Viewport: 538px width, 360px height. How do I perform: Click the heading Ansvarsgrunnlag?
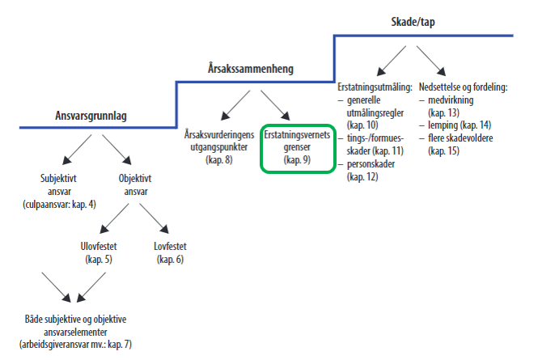91,116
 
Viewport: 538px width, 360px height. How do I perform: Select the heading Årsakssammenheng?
251,69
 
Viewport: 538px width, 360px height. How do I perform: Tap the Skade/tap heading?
413,22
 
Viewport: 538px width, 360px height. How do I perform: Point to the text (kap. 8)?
219,160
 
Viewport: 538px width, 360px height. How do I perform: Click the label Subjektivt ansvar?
59,185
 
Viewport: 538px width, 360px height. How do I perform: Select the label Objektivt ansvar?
135,185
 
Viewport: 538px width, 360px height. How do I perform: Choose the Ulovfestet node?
99,252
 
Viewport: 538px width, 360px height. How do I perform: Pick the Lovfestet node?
170,252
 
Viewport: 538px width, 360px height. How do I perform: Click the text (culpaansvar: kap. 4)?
59,205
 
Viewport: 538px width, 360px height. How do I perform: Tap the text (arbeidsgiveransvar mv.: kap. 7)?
75,344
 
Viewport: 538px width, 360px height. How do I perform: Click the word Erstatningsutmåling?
375,87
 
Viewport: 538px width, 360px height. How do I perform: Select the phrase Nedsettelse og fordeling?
463,87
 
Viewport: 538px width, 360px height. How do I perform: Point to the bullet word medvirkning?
451,100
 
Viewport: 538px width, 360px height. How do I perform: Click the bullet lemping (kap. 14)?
460,125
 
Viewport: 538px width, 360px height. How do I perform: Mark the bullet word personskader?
371,164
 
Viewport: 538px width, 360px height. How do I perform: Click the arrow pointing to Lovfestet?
154,218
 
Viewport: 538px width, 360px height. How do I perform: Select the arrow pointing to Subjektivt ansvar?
77,150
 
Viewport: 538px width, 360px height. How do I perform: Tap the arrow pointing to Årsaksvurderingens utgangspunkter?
235,105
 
